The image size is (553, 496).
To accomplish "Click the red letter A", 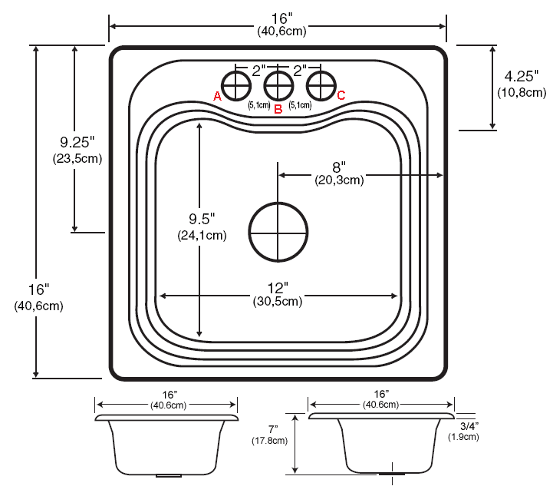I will [217, 96].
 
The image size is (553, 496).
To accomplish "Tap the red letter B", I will [278, 109].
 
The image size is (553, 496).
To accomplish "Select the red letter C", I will [341, 95].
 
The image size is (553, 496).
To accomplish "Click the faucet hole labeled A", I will [235, 83].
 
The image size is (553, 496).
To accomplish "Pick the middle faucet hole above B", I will [278, 83].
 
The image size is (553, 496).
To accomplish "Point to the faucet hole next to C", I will [321, 83].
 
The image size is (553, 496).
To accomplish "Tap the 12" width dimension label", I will [278, 288].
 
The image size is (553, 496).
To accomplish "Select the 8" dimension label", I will [339, 167].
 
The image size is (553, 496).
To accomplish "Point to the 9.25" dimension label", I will [77, 142].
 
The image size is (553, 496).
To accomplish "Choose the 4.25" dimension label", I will [522, 77].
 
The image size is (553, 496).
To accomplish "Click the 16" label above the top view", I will [278, 18].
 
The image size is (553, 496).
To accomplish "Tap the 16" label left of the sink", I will [38, 289].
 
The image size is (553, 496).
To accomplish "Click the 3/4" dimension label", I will [466, 425].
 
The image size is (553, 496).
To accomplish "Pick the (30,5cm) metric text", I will [278, 302].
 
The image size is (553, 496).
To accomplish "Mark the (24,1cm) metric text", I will [203, 236].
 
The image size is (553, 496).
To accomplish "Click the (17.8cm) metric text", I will [269, 441].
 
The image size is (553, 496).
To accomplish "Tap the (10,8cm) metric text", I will [522, 93].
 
